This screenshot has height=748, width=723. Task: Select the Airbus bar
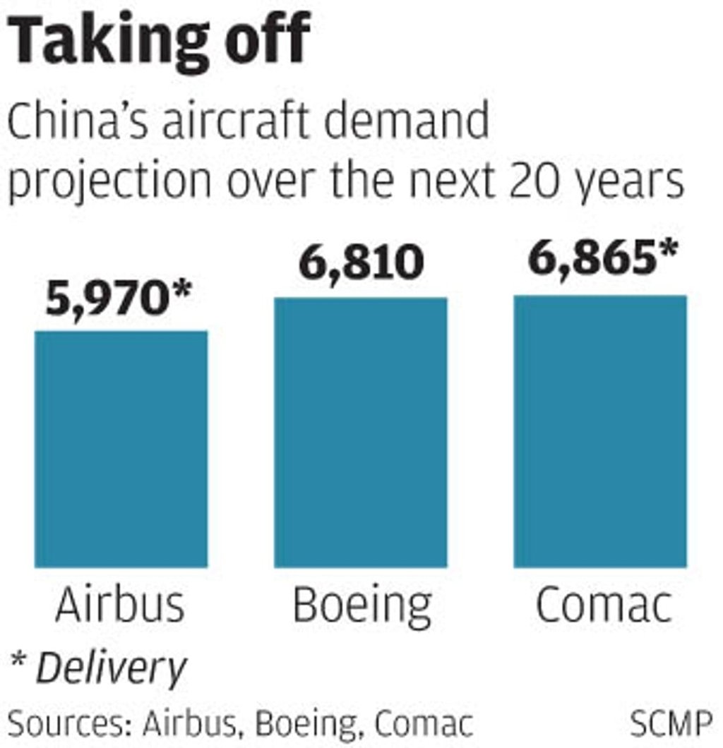click(121, 449)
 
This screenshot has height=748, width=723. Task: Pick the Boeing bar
click(360, 432)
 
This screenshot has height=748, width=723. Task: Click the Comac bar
click(599, 430)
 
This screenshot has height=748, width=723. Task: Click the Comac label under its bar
click(602, 605)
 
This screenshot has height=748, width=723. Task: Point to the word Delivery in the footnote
click(112, 668)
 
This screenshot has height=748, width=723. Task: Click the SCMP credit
click(671, 724)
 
